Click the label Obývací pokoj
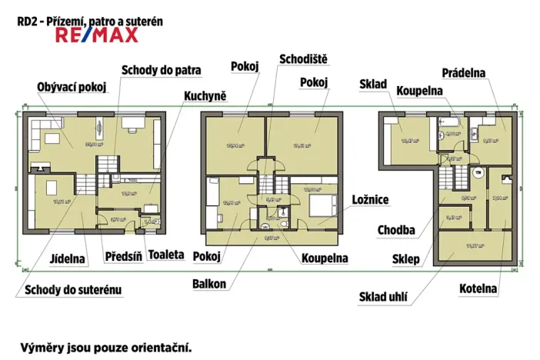71,86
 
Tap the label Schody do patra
161,70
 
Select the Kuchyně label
205,96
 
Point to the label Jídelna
68,258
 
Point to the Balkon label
209,284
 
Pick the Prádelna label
463,73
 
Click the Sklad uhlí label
382,297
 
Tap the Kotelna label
478,289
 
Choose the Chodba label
396,230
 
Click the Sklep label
407,259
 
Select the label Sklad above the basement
373,84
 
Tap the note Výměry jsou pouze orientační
105,347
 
